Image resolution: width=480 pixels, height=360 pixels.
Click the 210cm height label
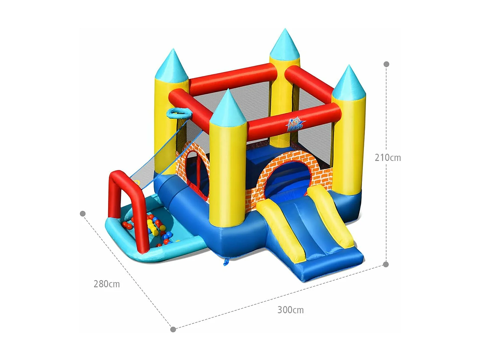tap(388, 157)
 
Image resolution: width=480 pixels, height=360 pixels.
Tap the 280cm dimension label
tap(107, 284)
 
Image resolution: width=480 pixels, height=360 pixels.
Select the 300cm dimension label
tap(290, 310)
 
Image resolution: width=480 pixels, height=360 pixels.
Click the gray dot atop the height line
tap(386, 64)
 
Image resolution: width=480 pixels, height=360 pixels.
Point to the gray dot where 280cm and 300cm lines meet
tap(173, 329)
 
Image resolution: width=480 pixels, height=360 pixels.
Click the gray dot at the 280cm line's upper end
tap(83, 213)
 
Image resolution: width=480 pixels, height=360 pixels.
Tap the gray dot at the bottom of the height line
tap(386, 264)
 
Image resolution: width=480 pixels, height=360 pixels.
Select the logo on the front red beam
tap(295, 124)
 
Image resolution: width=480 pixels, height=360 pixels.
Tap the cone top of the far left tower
tap(172, 64)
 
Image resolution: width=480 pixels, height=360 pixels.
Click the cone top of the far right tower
tap(348, 82)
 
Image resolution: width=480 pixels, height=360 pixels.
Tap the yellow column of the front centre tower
tap(228, 173)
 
